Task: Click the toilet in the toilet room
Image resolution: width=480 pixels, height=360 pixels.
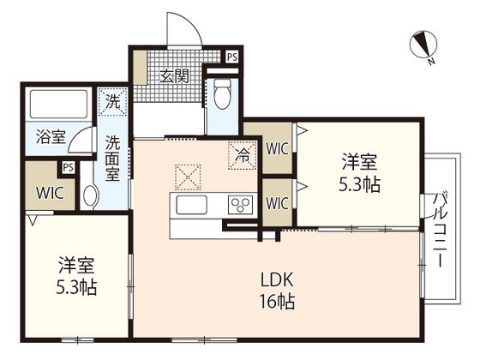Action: pyautogui.click(x=222, y=93)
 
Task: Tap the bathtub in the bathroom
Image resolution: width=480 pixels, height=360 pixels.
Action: pyautogui.click(x=58, y=104)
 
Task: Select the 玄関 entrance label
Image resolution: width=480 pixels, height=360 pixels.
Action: pyautogui.click(x=175, y=76)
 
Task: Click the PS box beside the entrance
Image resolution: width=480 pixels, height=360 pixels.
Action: pyautogui.click(x=232, y=57)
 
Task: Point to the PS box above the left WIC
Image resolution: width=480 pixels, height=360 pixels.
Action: pyautogui.click(x=69, y=167)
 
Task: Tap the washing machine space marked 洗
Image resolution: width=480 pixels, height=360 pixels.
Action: pyautogui.click(x=112, y=102)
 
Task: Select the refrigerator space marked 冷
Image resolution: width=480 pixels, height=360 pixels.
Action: pyautogui.click(x=242, y=155)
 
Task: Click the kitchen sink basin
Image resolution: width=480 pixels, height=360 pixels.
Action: pyautogui.click(x=192, y=205)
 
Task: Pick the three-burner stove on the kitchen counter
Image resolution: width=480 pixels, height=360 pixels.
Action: pyautogui.click(x=241, y=205)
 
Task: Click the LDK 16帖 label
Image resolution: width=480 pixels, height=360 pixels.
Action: pyautogui.click(x=277, y=290)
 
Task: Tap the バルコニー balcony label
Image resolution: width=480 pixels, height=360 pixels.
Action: pyautogui.click(x=441, y=230)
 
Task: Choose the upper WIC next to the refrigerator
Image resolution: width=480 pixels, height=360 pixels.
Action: pyautogui.click(x=277, y=149)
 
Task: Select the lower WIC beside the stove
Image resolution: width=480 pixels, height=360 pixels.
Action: pyautogui.click(x=277, y=203)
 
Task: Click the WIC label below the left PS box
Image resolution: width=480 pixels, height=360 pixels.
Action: pyautogui.click(x=50, y=193)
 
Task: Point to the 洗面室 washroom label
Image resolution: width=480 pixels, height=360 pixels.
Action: pyautogui.click(x=112, y=158)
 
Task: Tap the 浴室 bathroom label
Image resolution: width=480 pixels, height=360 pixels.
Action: pyautogui.click(x=51, y=137)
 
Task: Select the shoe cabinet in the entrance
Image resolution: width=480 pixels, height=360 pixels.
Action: pyautogui.click(x=141, y=68)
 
